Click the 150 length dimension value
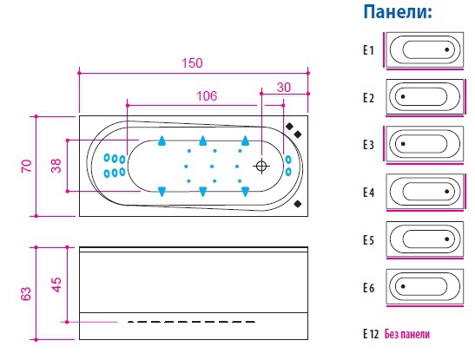pos(192,63)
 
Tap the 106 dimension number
pos(207,96)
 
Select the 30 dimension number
pos(284,87)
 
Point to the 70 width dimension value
pos(26,166)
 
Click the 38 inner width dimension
pos(56,166)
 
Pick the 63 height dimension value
pos(26,293)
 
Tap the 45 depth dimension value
pos(56,285)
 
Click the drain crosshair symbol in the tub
pos(261,166)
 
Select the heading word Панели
pos(398,12)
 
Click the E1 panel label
pos(369,50)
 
